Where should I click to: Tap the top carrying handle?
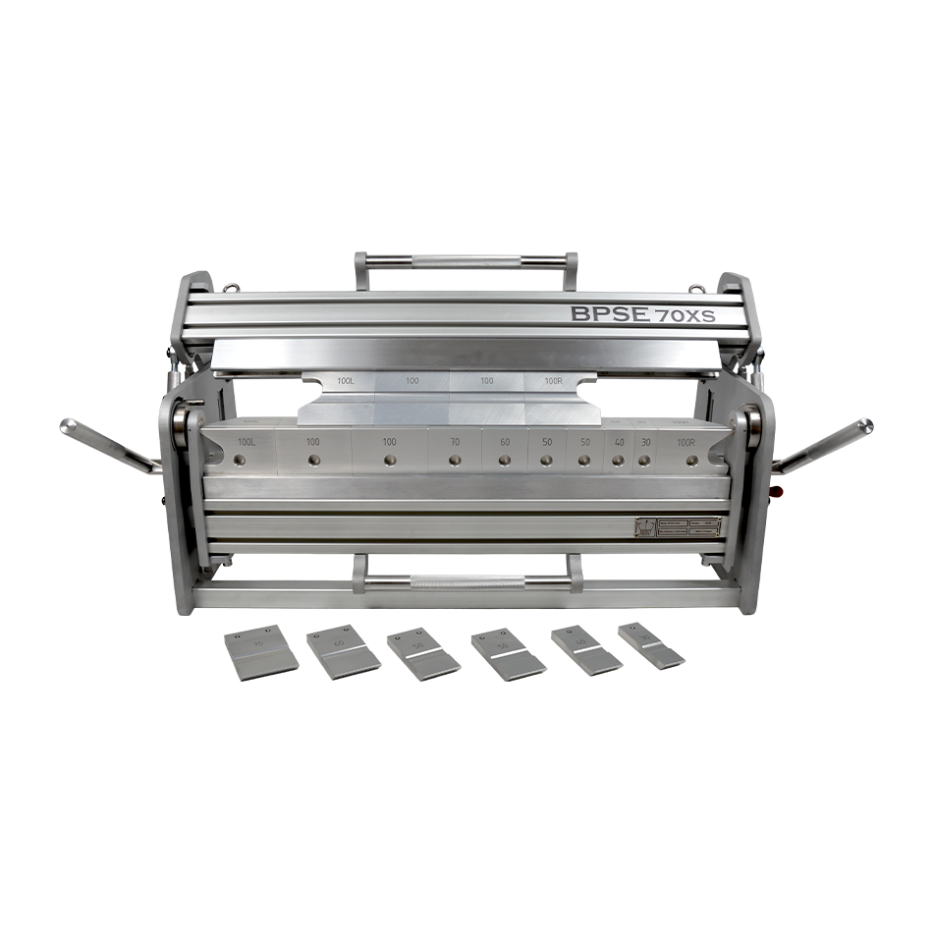click(x=466, y=261)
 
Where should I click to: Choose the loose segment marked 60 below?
click(x=343, y=649)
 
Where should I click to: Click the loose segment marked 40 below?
click(x=585, y=649)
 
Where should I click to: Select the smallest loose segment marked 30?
click(x=651, y=645)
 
